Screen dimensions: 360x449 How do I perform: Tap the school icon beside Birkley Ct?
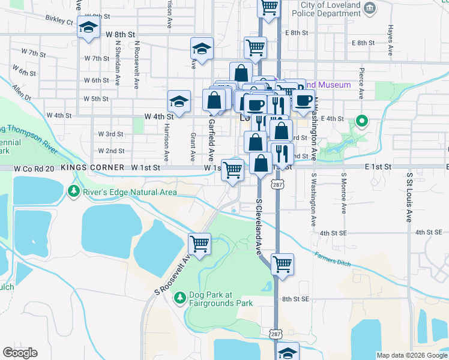89,29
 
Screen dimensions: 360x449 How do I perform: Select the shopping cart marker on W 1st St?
233,170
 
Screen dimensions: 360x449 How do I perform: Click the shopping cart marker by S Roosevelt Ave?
199,244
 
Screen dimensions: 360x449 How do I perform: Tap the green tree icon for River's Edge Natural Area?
73,192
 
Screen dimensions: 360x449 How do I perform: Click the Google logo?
20,353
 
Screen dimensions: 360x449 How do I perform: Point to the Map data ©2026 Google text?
412,355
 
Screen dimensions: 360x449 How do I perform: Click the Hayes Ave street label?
390,37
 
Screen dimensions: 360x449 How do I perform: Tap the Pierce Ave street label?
361,83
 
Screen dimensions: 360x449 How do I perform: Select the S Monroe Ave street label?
343,194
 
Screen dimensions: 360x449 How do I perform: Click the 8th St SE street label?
295,299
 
